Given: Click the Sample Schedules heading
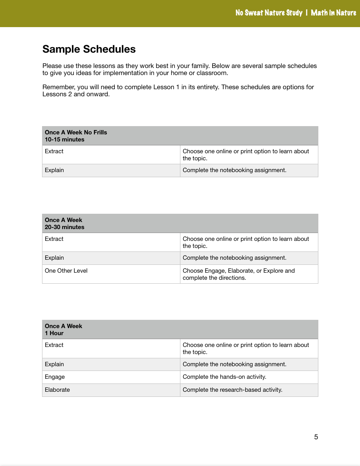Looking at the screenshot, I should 89,49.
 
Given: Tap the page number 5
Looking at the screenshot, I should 316,437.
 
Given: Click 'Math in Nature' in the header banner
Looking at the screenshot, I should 333,13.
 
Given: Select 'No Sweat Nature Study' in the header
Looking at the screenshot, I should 269,13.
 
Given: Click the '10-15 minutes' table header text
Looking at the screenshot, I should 64,139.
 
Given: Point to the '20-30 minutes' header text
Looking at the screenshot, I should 64,227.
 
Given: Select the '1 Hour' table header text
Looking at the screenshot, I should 54,333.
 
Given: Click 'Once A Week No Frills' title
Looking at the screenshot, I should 76,132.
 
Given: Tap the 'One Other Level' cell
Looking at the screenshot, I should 66,271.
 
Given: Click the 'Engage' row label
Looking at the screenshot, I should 55,377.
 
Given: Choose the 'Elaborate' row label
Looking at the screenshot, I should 57,390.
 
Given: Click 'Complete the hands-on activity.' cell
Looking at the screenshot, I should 224,377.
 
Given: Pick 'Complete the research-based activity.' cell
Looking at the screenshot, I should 232,390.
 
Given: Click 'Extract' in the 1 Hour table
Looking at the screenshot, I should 54,345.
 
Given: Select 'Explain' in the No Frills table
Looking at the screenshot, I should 54,170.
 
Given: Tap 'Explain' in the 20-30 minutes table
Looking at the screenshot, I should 54,258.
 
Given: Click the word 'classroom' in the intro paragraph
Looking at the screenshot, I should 213,73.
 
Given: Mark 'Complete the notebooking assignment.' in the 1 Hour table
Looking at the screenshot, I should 234,364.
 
